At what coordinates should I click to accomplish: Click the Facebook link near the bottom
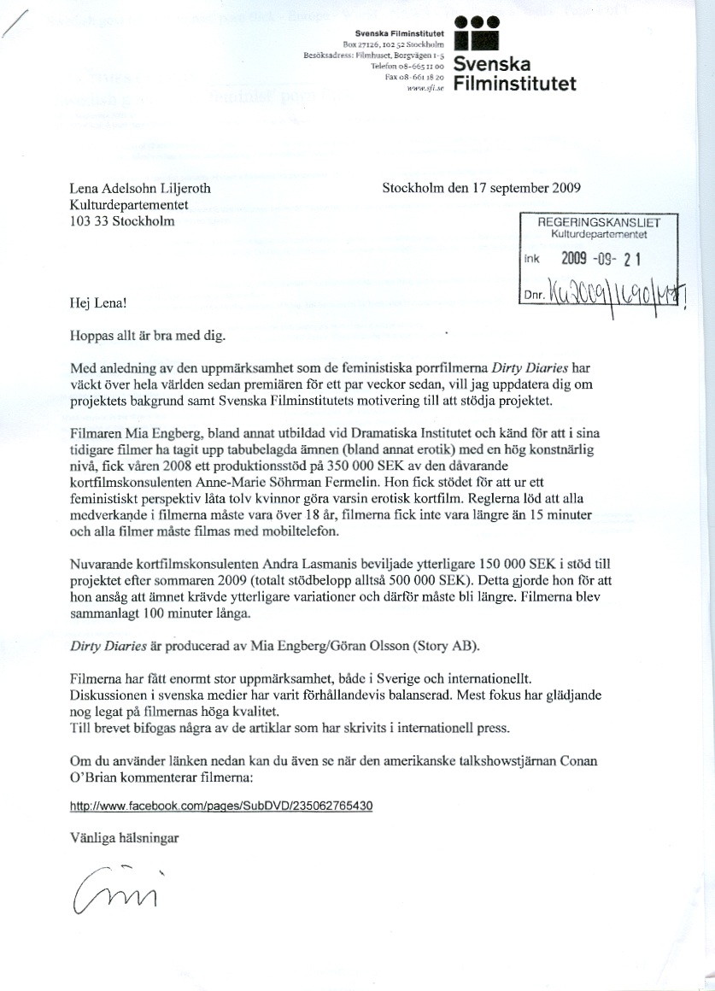click(221, 806)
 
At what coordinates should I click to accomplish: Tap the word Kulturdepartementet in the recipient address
click(129, 206)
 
